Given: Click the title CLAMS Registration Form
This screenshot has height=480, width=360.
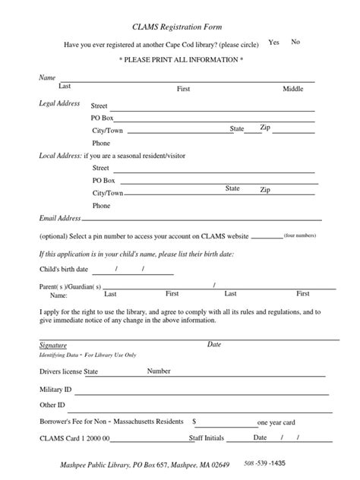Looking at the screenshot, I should pos(179,26).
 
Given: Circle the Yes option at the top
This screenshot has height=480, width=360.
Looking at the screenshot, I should pos(274,43).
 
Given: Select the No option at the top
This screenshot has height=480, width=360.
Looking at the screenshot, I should pos(295,42).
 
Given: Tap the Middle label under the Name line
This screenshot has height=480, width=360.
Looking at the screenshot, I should pos(293,89).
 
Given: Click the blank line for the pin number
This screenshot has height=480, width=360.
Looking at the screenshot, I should pos(266,236).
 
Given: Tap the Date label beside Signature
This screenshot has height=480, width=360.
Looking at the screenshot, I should pos(214,345).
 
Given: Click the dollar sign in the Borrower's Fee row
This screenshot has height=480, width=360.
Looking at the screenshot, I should pos(195,421).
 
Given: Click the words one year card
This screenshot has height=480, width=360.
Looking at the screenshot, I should pos(276,422).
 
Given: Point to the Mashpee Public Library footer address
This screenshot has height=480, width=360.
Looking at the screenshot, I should pos(144,463).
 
